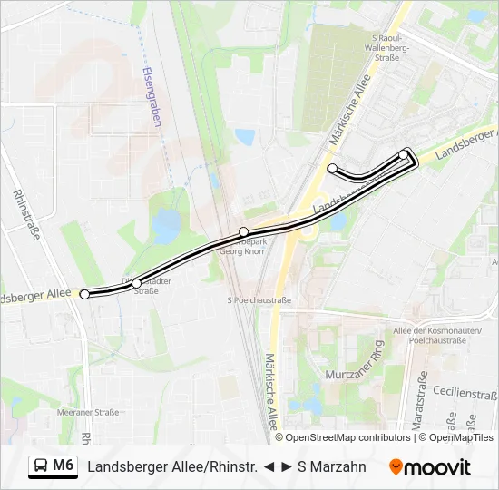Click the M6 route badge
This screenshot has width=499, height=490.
point(53,466)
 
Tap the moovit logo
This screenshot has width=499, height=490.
point(430,467)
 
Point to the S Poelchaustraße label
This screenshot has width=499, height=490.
point(259,299)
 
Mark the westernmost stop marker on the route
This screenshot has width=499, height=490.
point(85,294)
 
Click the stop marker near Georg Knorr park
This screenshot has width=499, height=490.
point(243,232)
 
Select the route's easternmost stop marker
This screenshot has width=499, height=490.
point(404,154)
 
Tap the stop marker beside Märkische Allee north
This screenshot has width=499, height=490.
point(333,168)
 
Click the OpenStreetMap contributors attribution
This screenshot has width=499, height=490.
point(347,437)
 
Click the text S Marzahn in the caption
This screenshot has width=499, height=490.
point(332,467)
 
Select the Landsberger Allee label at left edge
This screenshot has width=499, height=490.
point(34,296)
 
